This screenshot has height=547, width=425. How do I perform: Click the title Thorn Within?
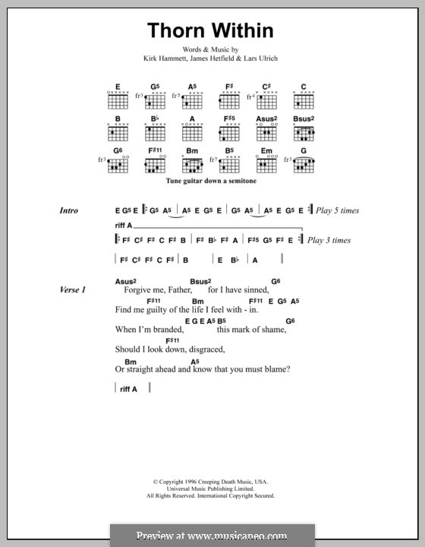[x=210, y=30]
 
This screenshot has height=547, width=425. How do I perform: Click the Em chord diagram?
[x=266, y=164]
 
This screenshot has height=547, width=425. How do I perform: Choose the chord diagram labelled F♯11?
[x=155, y=164]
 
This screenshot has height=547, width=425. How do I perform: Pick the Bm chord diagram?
[x=193, y=164]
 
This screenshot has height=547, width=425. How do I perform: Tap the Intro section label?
[x=69, y=210]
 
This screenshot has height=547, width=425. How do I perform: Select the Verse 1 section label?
[x=73, y=289]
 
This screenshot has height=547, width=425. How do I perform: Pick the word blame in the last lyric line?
[x=273, y=370]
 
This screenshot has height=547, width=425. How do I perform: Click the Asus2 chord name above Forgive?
[x=125, y=281]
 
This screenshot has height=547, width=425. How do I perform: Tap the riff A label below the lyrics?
[x=129, y=389]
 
